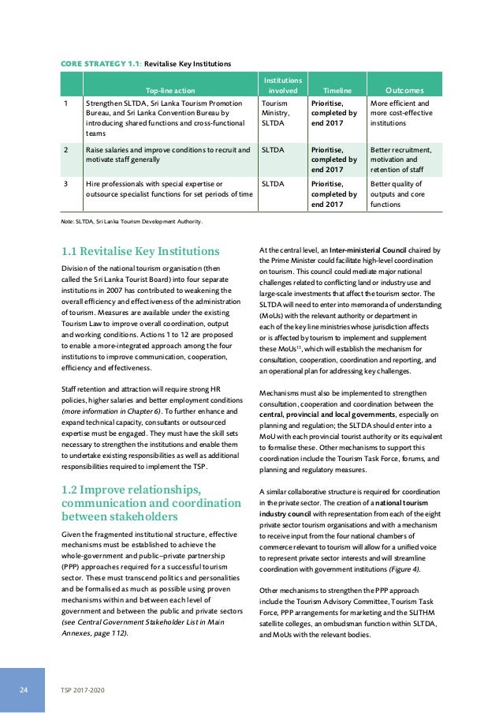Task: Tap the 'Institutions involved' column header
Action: coord(282,85)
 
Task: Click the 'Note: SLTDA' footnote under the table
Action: coord(131,221)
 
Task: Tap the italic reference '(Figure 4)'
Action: coord(406,569)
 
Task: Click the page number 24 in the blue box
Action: coord(24,689)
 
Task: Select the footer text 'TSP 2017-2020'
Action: coord(84,689)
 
